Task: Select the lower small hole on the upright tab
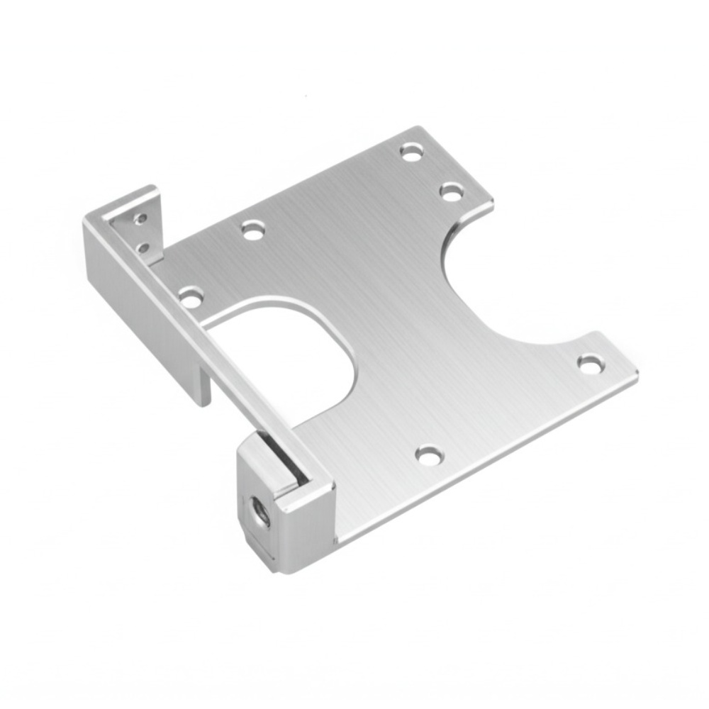[144, 248]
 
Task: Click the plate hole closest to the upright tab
[191, 296]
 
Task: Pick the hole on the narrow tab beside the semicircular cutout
[590, 364]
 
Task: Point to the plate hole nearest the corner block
[429, 454]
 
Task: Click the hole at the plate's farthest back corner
[411, 151]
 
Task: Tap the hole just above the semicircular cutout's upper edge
[452, 191]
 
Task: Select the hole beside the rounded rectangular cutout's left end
[252, 229]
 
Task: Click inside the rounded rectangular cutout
[291, 362]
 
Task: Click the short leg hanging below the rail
[201, 383]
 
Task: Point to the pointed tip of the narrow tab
[636, 374]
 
